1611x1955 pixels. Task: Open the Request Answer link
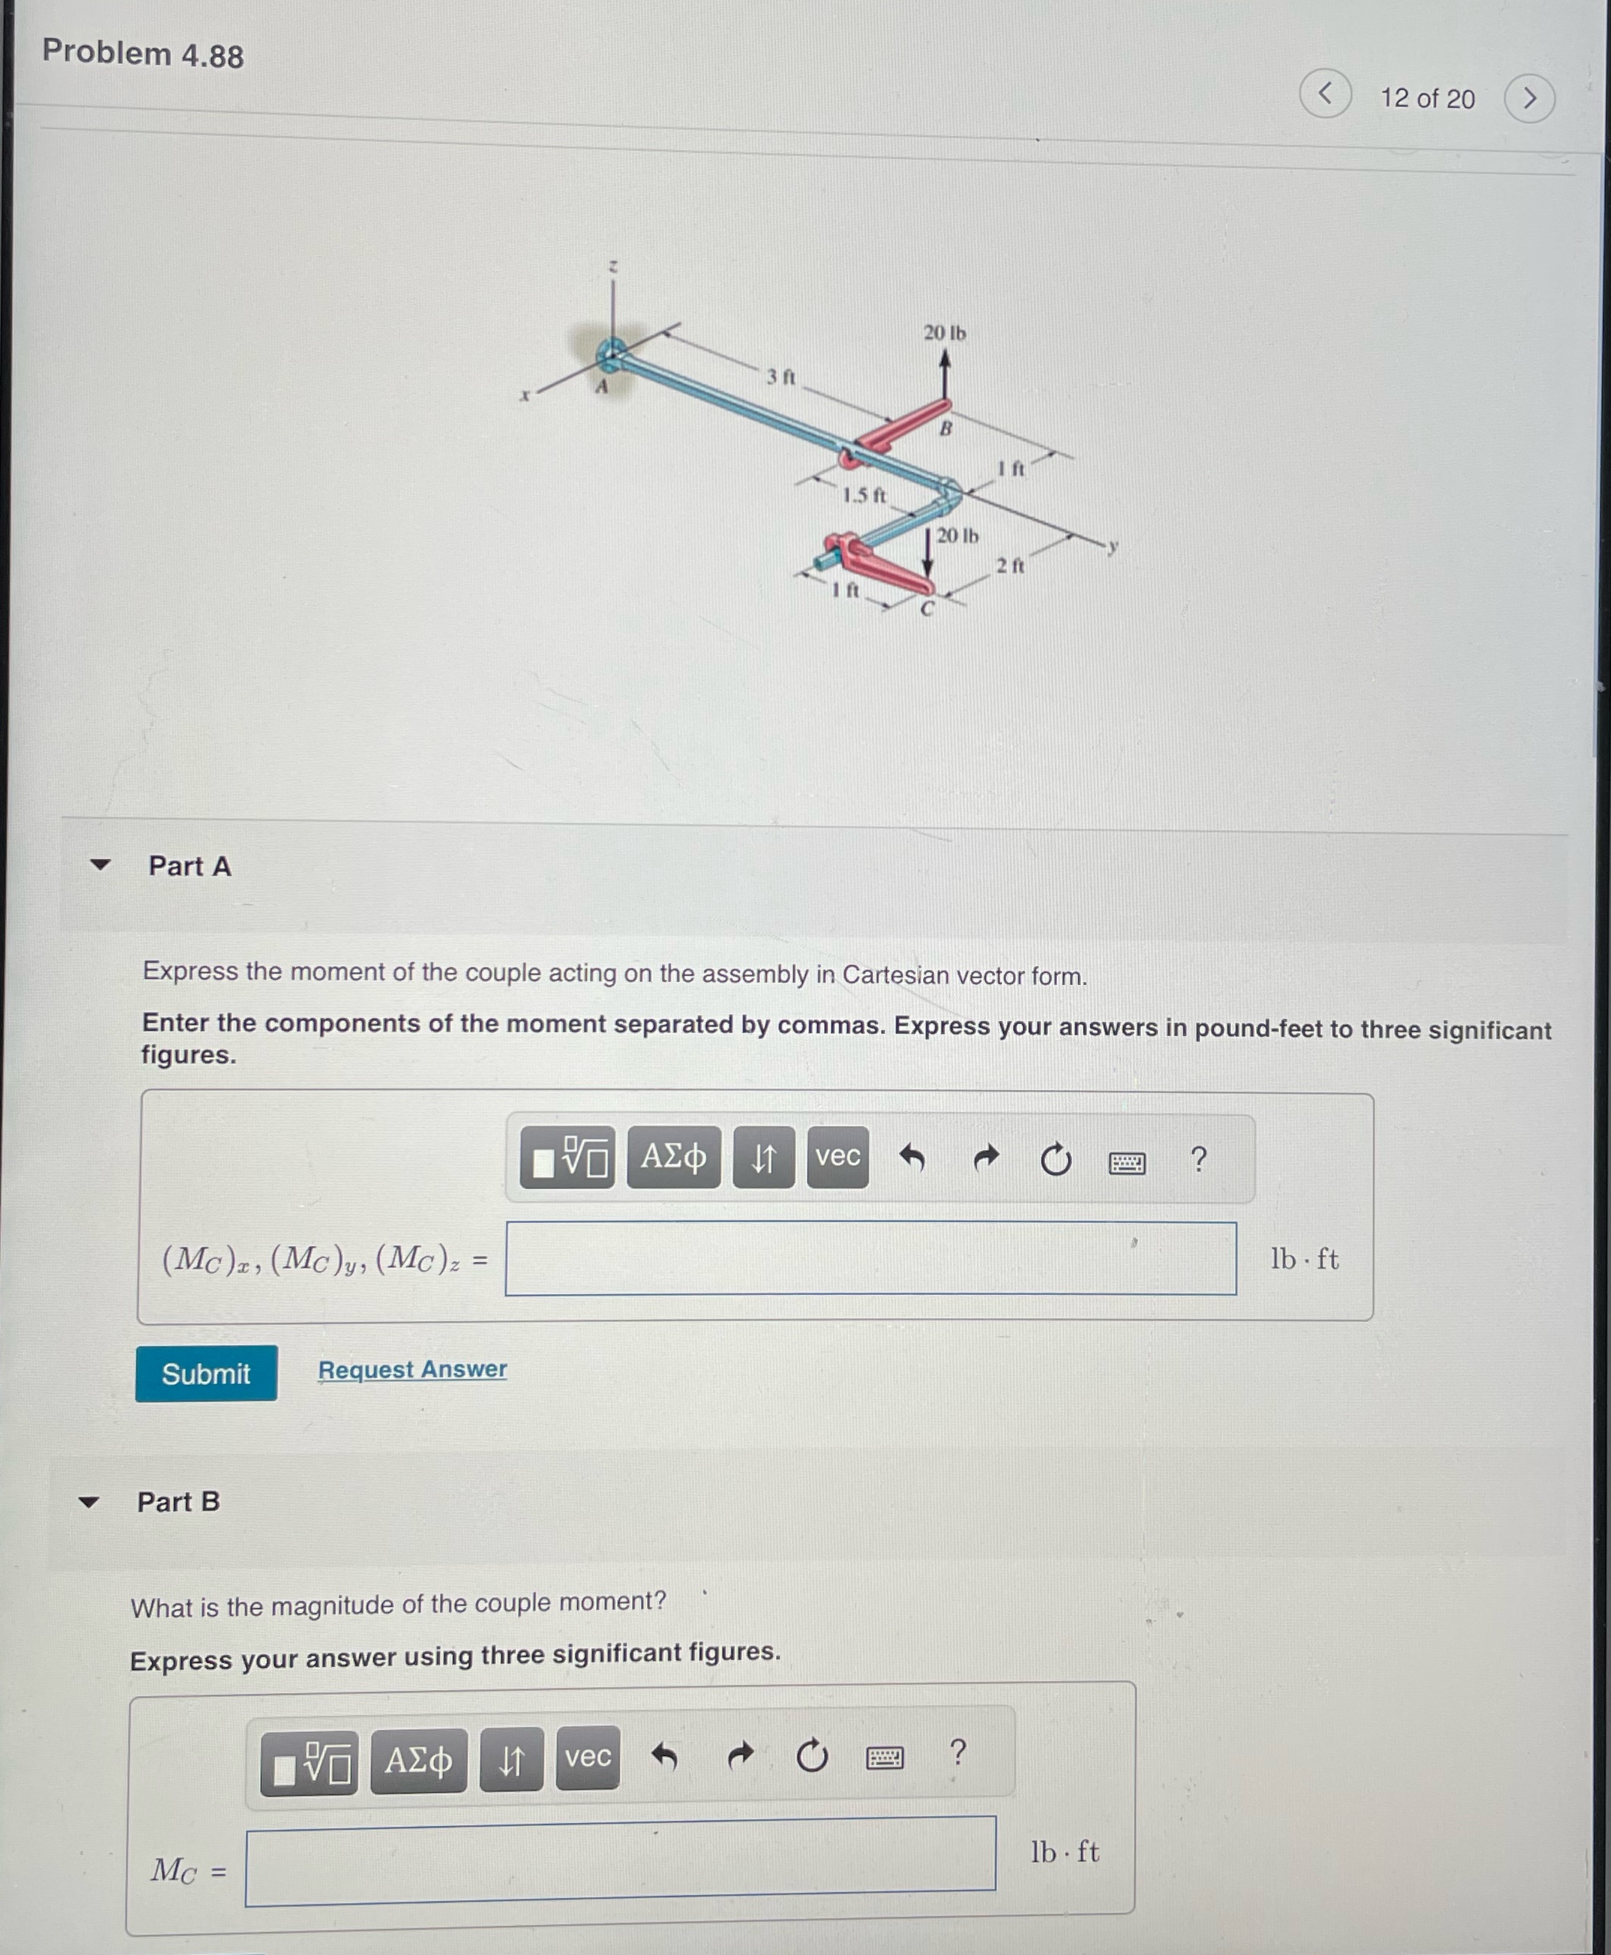coord(412,1369)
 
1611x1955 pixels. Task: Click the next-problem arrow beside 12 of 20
coord(1529,98)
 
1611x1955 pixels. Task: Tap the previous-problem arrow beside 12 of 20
coord(1325,94)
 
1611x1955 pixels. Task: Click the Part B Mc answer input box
coord(620,1860)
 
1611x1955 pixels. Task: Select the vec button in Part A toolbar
coord(837,1157)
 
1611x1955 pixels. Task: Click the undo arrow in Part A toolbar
coord(911,1158)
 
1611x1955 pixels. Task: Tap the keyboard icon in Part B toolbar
coord(883,1757)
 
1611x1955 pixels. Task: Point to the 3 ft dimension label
coord(781,376)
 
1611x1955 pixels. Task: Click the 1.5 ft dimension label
coord(863,495)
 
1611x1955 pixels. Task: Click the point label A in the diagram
coord(601,386)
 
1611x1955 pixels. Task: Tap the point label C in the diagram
coord(926,609)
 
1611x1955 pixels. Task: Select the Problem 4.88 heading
coord(143,54)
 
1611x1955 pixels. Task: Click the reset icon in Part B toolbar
coord(811,1755)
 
